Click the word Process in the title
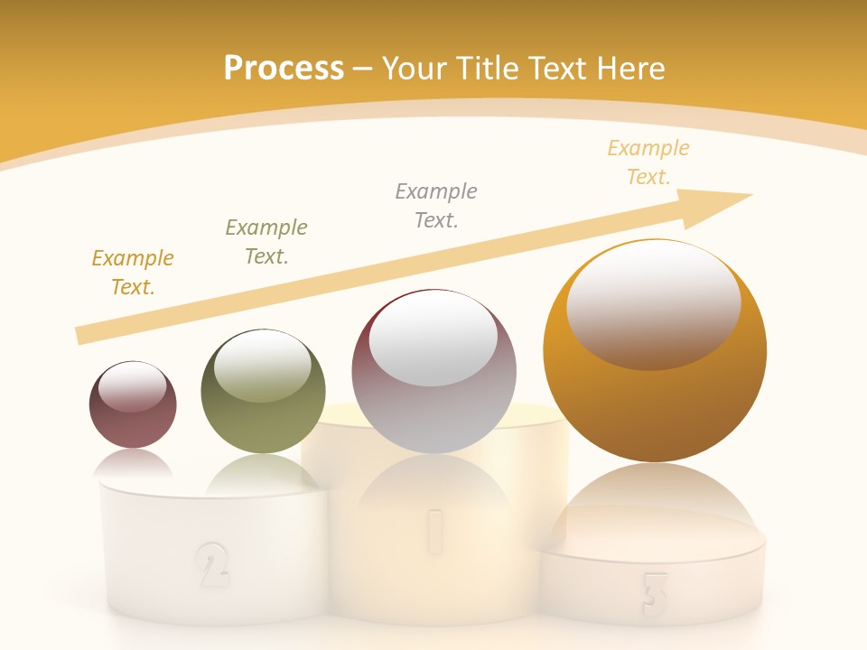[x=284, y=69]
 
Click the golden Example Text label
[x=133, y=273]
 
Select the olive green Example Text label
[x=266, y=242]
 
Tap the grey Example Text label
[x=436, y=206]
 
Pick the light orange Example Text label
[x=648, y=162]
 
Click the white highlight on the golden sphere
[x=654, y=302]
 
